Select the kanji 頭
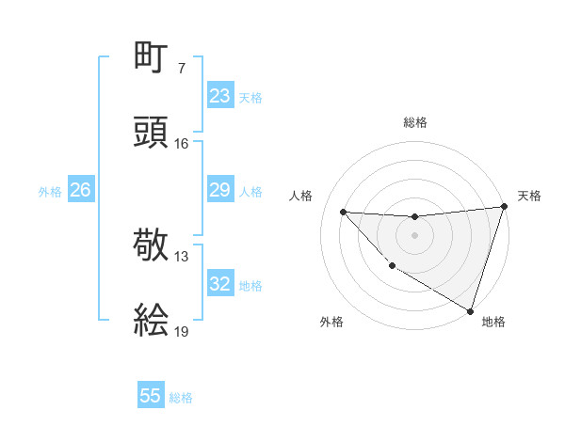(x=152, y=133)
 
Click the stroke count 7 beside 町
(x=182, y=69)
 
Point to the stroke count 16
(x=182, y=144)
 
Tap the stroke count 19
(x=182, y=332)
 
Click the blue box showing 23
(x=219, y=96)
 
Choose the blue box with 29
(x=219, y=191)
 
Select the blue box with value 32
(x=219, y=285)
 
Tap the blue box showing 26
(x=80, y=191)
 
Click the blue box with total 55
(x=151, y=396)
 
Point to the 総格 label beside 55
(x=181, y=398)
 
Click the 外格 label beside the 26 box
(x=50, y=192)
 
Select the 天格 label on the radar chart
(x=529, y=196)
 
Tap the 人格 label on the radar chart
(x=302, y=196)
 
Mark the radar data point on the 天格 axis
(x=504, y=207)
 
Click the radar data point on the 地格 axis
(x=470, y=310)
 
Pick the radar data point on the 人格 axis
(x=343, y=212)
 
